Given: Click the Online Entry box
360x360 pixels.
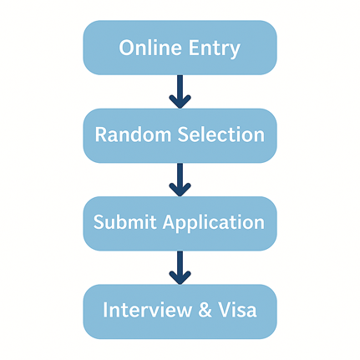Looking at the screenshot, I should coord(180,48).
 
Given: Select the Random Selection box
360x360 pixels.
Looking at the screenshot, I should coord(180,135).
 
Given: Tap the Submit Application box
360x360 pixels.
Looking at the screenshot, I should coord(180,223).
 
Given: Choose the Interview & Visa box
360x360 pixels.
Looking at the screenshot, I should coord(180,311).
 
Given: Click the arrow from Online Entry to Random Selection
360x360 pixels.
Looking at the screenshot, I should coord(180,91).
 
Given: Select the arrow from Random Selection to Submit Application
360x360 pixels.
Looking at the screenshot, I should coord(180,179).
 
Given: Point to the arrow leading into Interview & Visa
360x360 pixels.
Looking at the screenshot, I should coord(180,266).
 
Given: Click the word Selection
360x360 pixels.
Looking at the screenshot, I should coord(219,135).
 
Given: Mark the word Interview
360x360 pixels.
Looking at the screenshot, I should coord(146,311).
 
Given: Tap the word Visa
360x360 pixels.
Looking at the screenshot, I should coord(239,311).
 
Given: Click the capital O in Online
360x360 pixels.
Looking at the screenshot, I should coord(128,48).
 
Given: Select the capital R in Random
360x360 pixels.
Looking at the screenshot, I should coord(101,135).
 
